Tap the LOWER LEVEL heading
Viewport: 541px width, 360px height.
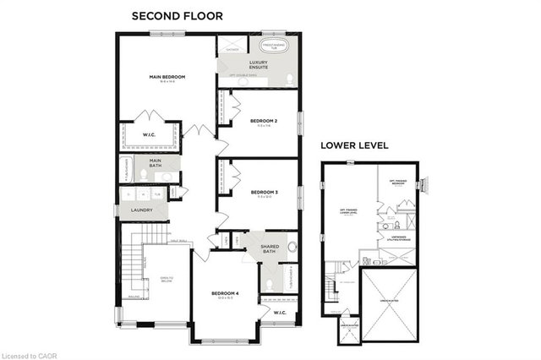(x=354, y=145)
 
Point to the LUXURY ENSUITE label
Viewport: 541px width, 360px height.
(x=258, y=66)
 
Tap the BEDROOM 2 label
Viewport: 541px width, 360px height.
(x=264, y=122)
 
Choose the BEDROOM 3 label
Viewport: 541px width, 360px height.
(x=264, y=193)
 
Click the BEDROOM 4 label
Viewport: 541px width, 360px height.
(x=226, y=294)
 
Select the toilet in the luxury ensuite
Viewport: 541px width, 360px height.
(x=290, y=79)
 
